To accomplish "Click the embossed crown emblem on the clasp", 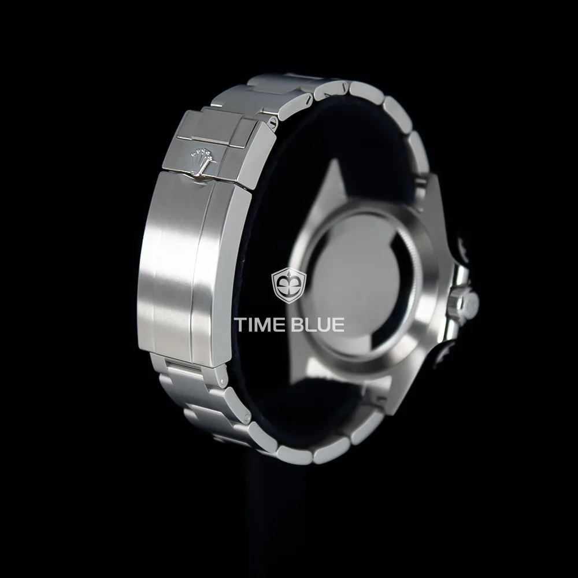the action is [x=202, y=161].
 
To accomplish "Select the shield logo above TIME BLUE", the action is [x=289, y=286].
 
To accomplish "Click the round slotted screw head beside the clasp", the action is [x=273, y=121].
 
